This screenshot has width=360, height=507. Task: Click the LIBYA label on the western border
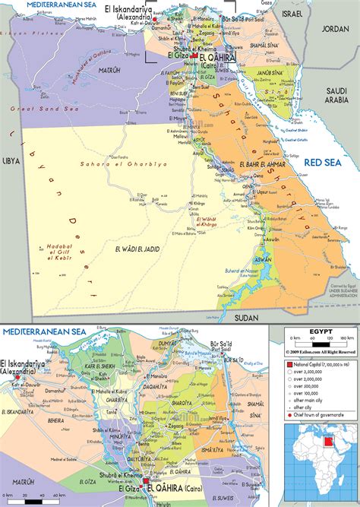point(11,162)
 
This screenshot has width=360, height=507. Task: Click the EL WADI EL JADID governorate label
point(140,249)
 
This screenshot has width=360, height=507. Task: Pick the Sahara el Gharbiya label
point(112,164)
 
